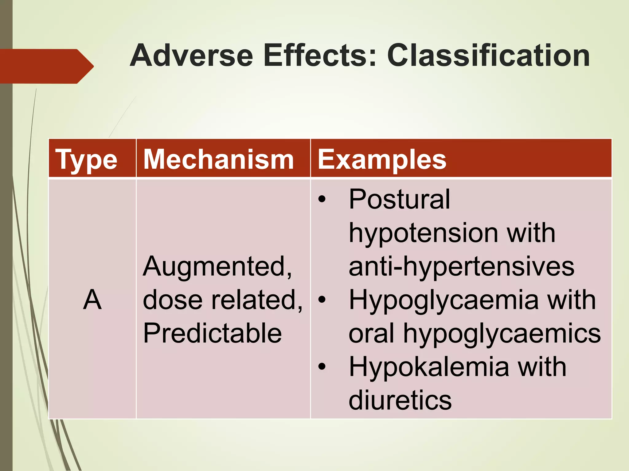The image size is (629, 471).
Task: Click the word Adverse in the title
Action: coord(191,56)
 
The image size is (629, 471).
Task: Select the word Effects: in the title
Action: coord(319,56)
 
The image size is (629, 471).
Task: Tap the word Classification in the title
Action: coord(488,56)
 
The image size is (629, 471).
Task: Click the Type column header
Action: coord(86,159)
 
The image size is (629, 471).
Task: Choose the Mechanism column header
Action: coord(219,159)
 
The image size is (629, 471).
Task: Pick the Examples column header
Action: coord(382,159)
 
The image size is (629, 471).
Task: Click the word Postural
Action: coord(399,199)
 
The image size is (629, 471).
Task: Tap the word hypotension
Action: coord(422,233)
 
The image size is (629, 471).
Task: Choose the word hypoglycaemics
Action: coord(502,334)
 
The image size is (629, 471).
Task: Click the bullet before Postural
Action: coord(322,200)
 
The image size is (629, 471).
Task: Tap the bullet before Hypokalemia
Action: coord(322,367)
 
